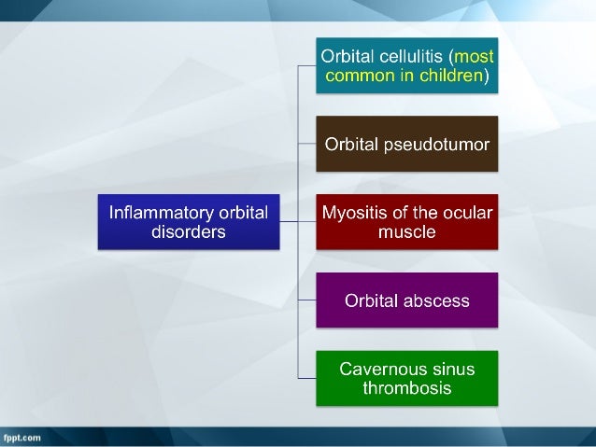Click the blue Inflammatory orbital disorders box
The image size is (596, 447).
tap(189, 222)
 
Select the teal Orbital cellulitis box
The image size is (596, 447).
tap(406, 65)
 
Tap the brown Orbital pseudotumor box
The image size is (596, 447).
tap(406, 144)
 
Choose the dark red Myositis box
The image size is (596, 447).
tap(406, 222)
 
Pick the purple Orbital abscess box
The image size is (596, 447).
tap(406, 300)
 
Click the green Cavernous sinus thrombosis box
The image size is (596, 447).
tap(406, 378)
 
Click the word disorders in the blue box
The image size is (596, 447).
tap(189, 231)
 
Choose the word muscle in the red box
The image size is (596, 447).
tap(406, 231)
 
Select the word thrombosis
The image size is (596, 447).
tap(406, 388)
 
